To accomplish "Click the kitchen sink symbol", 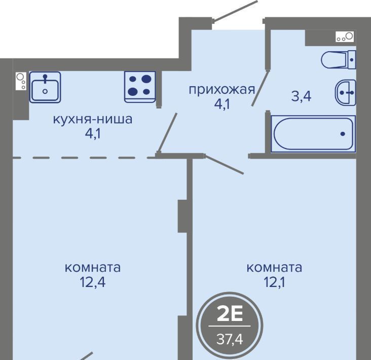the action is pos(45,87).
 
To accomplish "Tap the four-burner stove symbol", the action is pos(140,87).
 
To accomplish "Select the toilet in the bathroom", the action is pos(339,60).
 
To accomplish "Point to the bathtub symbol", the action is pos(313,134).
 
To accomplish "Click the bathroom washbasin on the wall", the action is pos(346,93).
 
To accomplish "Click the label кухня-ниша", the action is pos(93,119).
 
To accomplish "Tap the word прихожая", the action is pos(221,90).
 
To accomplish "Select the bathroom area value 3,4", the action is pos(301,96).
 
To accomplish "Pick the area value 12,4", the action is pos(93,281).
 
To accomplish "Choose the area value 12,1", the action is pos(274,281).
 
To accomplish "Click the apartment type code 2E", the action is pos(230,314).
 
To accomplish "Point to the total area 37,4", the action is pos(230,339).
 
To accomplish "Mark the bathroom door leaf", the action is pos(260,88).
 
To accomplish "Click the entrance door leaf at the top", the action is pos(235,11).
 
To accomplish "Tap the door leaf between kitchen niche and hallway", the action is pos(168,132).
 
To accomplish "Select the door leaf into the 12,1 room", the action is pos(224,164).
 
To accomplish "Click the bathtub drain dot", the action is pos(343,134).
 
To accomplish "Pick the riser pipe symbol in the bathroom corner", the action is pos(345,36).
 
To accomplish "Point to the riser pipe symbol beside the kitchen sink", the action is pos(21,81).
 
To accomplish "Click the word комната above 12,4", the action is pos(93,267).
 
